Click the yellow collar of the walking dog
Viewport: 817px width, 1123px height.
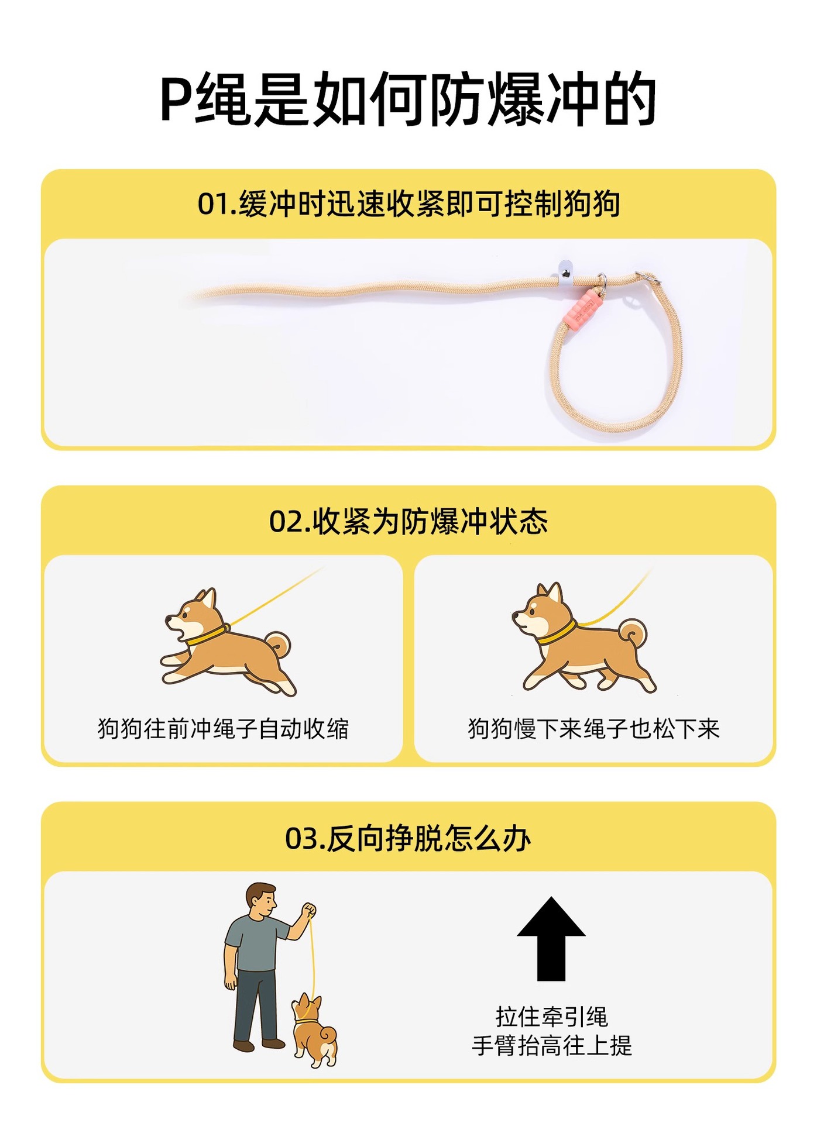[x=556, y=632]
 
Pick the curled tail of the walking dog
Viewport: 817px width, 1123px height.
[x=634, y=634]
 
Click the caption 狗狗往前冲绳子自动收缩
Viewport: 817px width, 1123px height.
[x=223, y=729]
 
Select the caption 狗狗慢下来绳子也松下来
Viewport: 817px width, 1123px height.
[x=593, y=729]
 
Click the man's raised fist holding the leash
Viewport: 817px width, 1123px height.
[x=309, y=911]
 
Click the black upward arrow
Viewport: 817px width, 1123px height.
[x=551, y=938]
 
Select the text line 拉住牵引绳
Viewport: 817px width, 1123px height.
[x=552, y=1017]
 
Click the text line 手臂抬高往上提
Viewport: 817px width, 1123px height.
[x=552, y=1046]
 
